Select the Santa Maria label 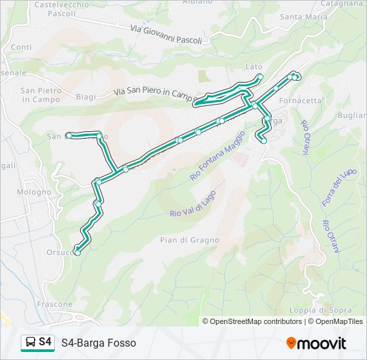point(304,17)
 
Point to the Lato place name point(254,67)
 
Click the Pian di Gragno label point(190,239)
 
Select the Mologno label point(35,192)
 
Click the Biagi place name point(86,97)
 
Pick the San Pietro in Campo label point(41,95)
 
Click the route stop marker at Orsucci point(77,253)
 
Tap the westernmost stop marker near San point(68,135)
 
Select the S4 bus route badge point(38,342)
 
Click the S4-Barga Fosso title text point(99,343)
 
